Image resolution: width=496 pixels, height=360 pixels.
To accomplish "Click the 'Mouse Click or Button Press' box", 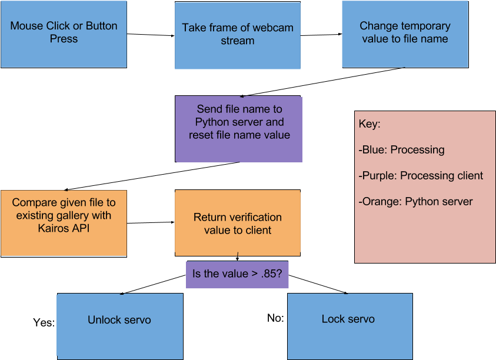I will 64,34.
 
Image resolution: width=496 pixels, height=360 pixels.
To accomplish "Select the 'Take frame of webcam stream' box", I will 238,35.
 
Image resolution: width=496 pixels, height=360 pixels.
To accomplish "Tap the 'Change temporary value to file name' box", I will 405,34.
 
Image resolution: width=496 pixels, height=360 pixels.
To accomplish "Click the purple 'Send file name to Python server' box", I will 239,129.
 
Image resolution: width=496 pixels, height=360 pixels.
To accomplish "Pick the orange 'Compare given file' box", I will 64,223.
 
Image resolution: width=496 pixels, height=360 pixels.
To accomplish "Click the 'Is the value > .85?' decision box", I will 238,274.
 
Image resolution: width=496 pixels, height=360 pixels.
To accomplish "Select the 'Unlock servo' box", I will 119,326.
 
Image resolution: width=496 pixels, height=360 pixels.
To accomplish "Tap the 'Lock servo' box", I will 349,325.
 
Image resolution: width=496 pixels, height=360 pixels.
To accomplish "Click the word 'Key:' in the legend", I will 370,125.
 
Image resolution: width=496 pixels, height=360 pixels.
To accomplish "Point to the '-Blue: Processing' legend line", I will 401,149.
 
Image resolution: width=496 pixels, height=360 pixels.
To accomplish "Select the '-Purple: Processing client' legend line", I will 420,175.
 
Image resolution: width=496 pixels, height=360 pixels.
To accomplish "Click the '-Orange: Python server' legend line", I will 415,201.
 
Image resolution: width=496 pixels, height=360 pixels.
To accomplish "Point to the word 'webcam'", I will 273,28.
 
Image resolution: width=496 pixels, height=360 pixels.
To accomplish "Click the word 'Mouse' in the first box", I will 27,26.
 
